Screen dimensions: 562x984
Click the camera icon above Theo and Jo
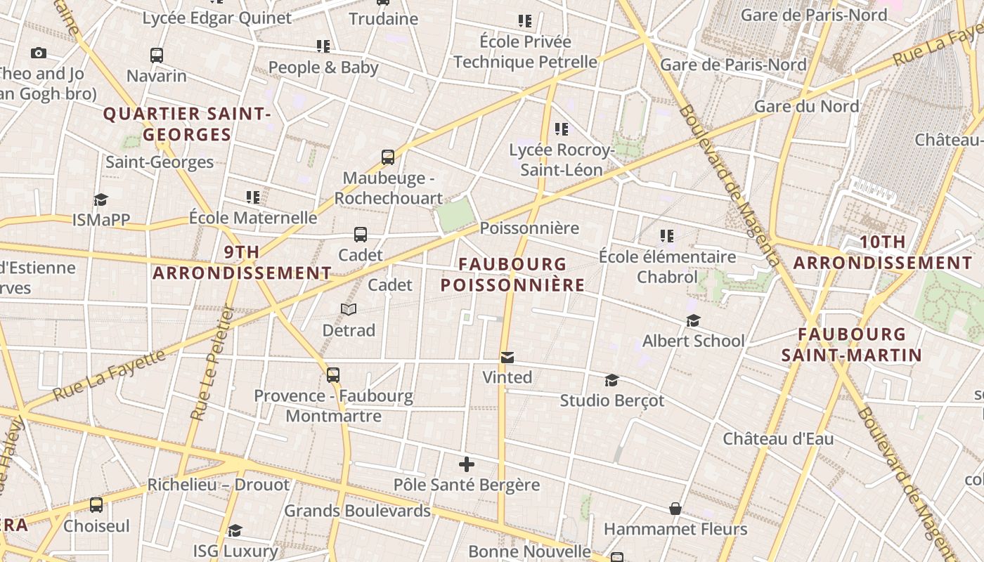tap(39, 53)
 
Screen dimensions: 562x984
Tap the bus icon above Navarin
tap(157, 55)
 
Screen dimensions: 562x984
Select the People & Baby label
tap(323, 67)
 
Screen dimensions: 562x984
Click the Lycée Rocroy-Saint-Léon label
tap(562, 159)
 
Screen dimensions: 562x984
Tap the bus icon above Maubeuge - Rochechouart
tap(388, 157)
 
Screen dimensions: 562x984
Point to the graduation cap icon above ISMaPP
tap(101, 200)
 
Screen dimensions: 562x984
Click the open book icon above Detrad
tap(349, 309)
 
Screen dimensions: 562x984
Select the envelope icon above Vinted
tap(507, 358)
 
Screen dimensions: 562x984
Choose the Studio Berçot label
tap(611, 400)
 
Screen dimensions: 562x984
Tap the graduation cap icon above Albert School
tap(693, 321)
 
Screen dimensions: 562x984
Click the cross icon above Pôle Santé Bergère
tap(467, 464)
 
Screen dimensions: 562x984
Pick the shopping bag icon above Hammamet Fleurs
tap(675, 508)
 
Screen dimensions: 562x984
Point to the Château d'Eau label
tap(778, 439)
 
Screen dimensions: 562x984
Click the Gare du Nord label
tap(806, 106)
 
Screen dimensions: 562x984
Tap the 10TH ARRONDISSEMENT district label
tap(883, 252)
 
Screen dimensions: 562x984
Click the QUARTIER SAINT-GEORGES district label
tap(187, 124)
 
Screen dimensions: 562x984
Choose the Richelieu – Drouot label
tap(218, 485)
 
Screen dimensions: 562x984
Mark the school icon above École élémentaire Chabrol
tap(667, 236)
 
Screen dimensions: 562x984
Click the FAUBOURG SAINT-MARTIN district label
tap(851, 344)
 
